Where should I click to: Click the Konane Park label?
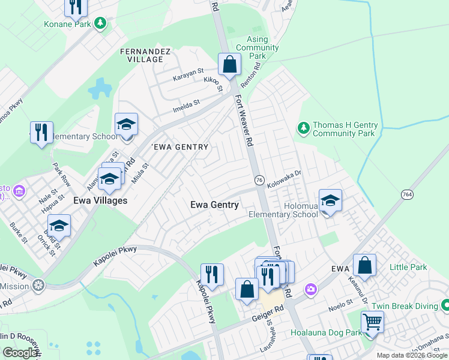(x=67, y=25)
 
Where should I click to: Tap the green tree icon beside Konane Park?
(x=101, y=24)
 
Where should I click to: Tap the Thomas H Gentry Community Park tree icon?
(x=304, y=128)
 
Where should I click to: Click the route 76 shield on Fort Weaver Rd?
(x=260, y=180)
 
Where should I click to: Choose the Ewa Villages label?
(x=100, y=200)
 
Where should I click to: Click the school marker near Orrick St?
(x=59, y=225)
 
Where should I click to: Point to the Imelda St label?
(x=187, y=106)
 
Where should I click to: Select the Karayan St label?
(x=188, y=78)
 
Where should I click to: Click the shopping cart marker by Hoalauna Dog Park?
(x=373, y=322)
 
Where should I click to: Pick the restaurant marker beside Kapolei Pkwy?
(x=211, y=274)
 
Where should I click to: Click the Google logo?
(x=20, y=353)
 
